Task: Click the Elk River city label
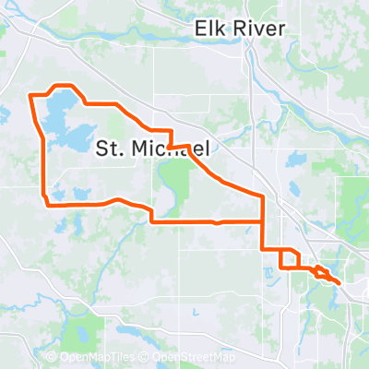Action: (239, 30)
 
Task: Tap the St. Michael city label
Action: (155, 148)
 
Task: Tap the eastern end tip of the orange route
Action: (340, 282)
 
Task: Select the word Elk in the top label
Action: (209, 30)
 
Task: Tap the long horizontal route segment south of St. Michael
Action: (203, 221)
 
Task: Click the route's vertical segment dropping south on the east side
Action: (264, 221)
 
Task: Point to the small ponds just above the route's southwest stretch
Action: (69, 195)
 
